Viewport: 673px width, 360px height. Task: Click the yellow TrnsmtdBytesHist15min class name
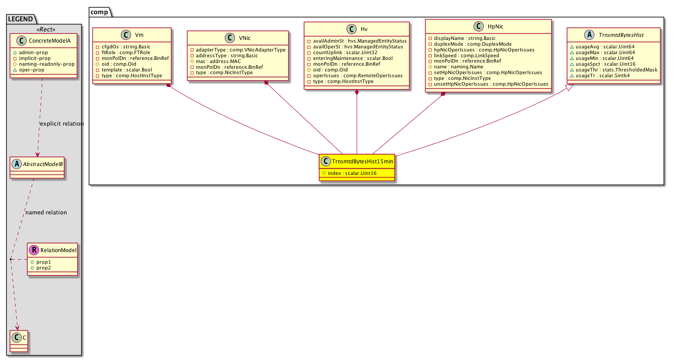[x=362, y=161]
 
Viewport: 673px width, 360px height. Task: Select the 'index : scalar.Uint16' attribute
[x=352, y=173]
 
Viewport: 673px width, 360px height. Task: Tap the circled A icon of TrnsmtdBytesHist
[x=589, y=35]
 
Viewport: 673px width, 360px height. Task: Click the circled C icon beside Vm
[x=126, y=35]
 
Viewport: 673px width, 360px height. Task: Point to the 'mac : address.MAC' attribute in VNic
[x=218, y=61]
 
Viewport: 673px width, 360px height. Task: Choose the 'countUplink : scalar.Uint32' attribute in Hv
[x=345, y=52]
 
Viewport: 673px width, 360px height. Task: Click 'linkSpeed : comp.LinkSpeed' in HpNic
[x=466, y=55]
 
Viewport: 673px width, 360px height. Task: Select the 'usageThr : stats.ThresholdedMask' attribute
[x=617, y=70]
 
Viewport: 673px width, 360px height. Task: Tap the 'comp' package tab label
[x=99, y=12]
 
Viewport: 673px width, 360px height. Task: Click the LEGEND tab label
[x=20, y=19]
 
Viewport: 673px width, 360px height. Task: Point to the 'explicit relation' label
[x=62, y=124]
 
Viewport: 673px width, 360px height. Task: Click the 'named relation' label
[x=46, y=213]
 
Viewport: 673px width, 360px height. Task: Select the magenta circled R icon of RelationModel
[x=34, y=250]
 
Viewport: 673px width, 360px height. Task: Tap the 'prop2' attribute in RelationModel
[x=44, y=268]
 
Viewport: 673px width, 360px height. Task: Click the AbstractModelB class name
[x=43, y=164]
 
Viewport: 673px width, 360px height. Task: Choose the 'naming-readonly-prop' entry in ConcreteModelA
[x=47, y=64]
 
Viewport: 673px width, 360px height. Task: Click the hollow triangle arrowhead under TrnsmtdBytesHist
[x=569, y=87]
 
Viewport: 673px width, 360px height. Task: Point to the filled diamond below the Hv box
[x=357, y=92]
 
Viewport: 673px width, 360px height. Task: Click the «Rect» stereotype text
[x=46, y=29]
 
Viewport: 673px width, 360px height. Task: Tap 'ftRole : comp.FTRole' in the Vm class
[x=126, y=52]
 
